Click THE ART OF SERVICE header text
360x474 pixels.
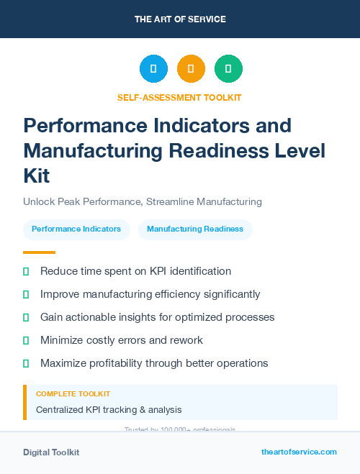click(180, 19)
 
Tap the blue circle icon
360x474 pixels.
click(153, 69)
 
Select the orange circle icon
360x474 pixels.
click(191, 69)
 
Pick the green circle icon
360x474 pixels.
click(228, 69)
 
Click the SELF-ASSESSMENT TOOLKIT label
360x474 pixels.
click(179, 97)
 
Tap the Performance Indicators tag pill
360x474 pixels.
click(76, 229)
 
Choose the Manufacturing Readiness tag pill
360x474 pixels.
click(195, 229)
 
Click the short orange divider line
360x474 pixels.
click(39, 252)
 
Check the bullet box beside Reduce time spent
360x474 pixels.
click(27, 271)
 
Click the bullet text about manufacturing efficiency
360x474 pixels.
click(150, 294)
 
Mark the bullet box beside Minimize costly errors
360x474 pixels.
click(27, 340)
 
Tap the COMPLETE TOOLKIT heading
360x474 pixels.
click(73, 394)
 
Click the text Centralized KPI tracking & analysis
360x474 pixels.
click(109, 410)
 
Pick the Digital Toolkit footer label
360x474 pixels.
click(51, 452)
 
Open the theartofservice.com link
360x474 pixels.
click(299, 452)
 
